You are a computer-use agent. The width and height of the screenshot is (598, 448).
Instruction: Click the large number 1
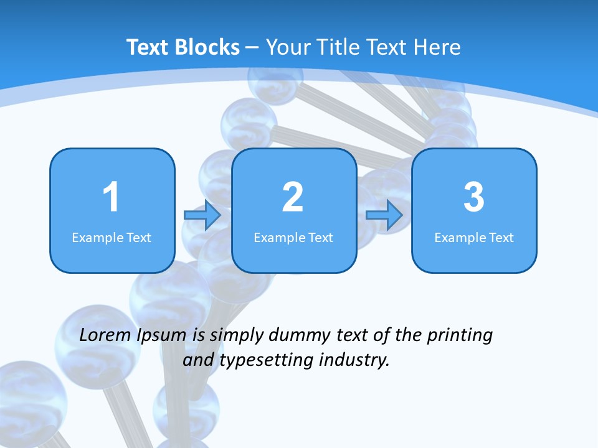[112, 198]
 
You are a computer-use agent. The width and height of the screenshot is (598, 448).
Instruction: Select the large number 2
[293, 198]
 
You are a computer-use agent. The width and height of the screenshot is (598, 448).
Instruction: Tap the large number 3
[474, 198]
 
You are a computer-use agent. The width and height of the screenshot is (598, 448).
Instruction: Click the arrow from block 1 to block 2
[202, 215]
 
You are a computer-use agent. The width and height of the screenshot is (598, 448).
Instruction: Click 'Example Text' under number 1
[112, 238]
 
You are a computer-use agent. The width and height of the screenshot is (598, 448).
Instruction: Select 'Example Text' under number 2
[293, 238]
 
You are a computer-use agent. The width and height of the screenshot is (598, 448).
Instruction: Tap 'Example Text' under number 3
[474, 238]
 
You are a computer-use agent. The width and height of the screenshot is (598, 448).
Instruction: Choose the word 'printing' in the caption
[459, 336]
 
